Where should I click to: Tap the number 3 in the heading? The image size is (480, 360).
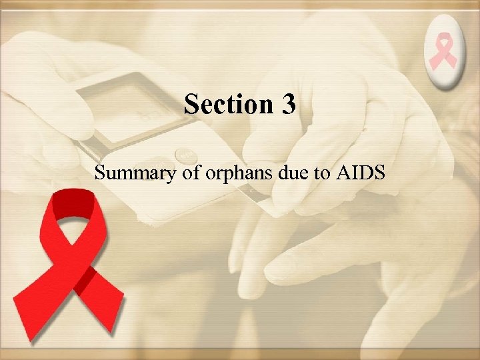288,105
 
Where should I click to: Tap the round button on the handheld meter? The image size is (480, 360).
185,156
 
